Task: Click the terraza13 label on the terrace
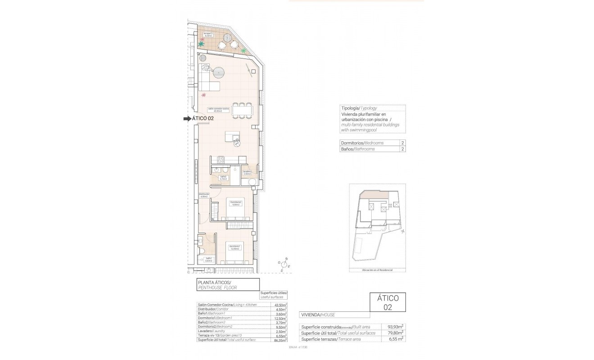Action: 208,34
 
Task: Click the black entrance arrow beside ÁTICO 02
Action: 187,118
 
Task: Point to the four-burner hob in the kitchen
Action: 220,159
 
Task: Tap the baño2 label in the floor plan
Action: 223,178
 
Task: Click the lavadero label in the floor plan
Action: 247,172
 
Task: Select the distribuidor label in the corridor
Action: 204,195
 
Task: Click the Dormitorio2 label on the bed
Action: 236,202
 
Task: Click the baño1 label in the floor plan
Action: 208,259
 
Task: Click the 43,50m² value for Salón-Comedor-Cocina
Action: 280,305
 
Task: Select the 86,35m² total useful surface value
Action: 280,340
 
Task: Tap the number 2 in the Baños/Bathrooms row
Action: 402,149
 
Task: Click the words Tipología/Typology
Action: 359,108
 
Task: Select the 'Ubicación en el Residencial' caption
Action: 377,270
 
